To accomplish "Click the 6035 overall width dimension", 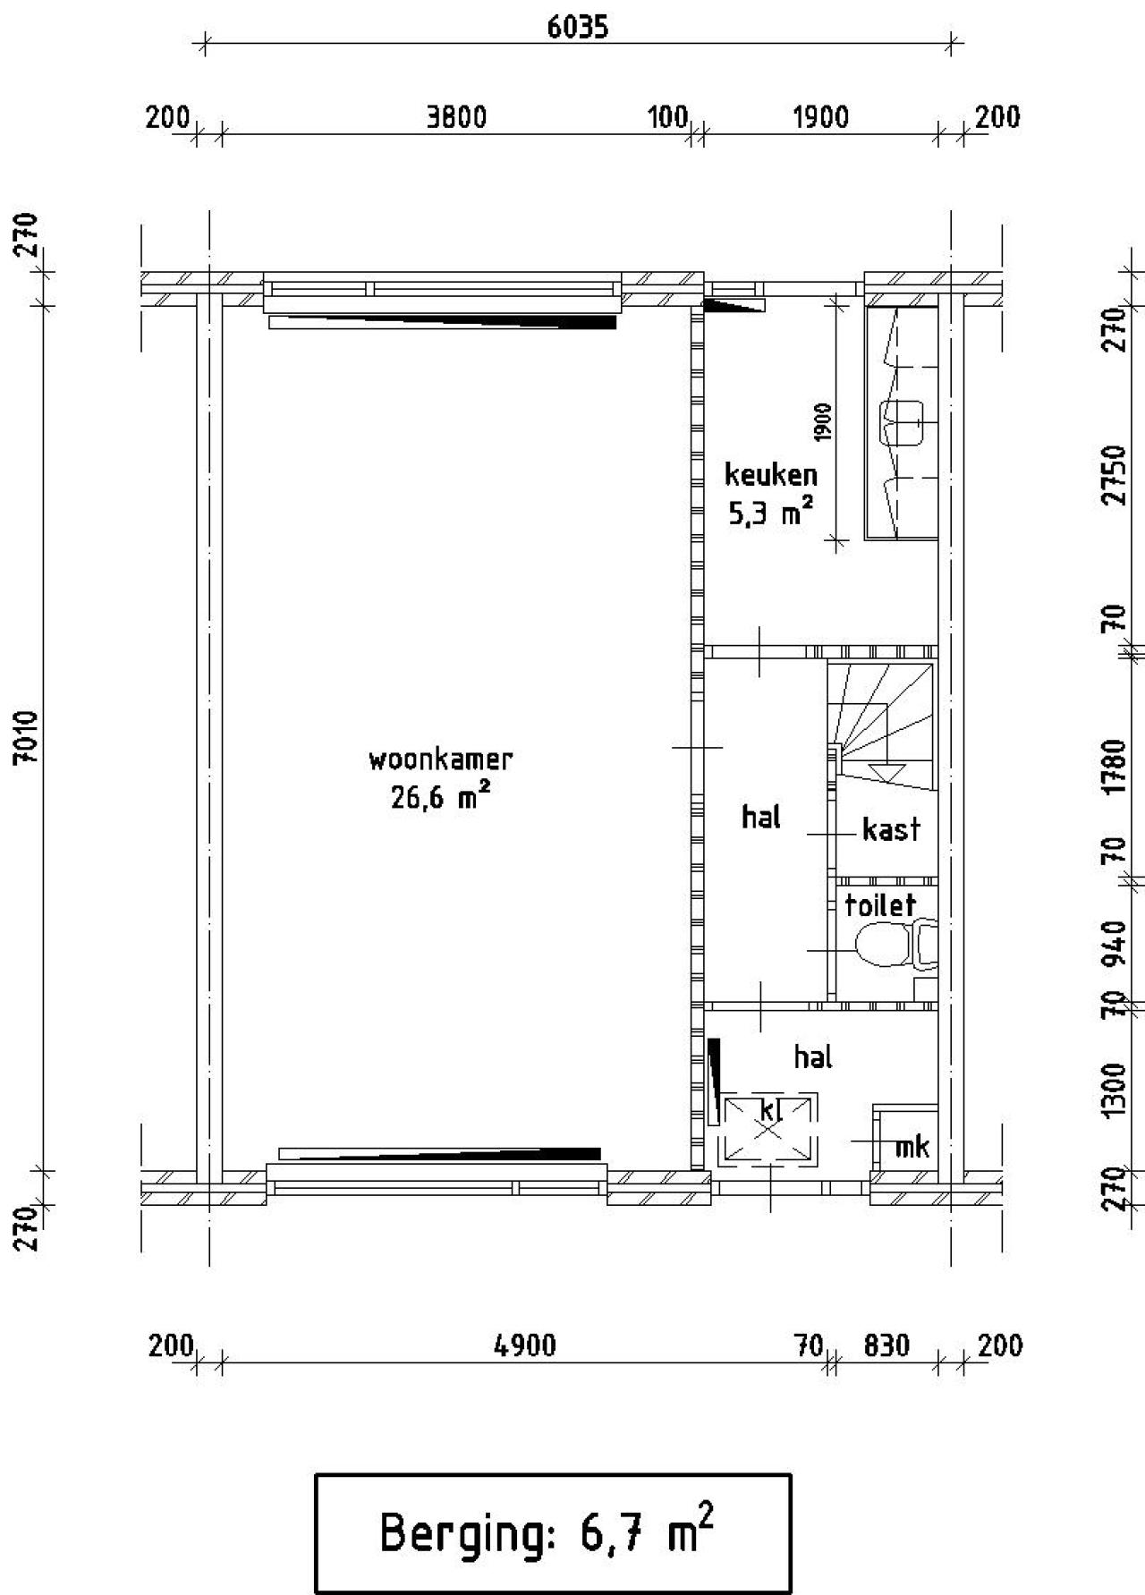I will [578, 27].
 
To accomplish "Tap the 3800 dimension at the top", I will [456, 117].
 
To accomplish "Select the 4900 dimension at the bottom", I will [525, 1345].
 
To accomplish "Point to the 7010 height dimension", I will [27, 736].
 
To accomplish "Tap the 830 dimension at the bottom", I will [886, 1345].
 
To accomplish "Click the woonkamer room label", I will [440, 760].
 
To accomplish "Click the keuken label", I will [770, 474].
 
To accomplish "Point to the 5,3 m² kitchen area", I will [770, 513].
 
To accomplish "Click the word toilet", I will [880, 905].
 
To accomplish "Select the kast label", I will [891, 830].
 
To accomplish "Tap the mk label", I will [912, 1146].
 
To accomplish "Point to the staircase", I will [881, 725].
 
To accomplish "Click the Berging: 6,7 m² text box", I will [553, 1533].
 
